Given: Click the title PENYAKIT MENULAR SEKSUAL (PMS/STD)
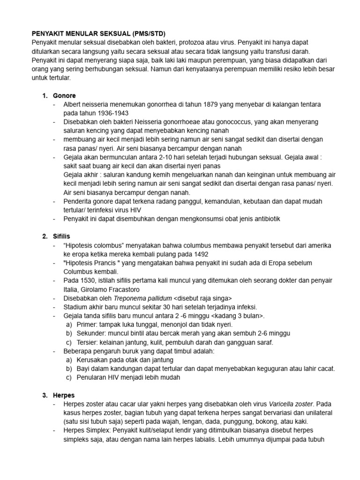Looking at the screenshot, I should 98,34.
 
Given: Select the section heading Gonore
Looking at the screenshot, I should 65,96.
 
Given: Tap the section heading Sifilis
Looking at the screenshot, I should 62,236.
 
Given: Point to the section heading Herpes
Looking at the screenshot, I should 64,395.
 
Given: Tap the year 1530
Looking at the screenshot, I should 88,280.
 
